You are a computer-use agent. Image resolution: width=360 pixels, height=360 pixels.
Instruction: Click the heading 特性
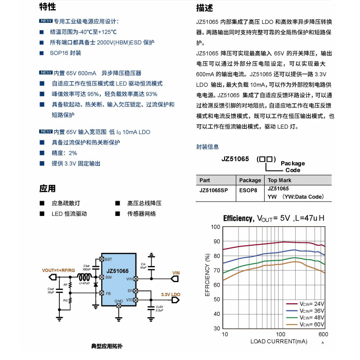point(48,7)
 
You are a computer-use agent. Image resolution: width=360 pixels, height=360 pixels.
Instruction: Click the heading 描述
point(204,8)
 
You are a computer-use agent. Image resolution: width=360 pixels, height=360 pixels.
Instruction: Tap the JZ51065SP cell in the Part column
point(214,190)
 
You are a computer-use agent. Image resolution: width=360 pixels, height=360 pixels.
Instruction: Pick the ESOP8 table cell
point(250,190)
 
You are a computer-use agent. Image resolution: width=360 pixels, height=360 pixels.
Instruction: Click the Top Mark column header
point(279,180)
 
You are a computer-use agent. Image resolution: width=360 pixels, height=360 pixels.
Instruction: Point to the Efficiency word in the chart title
point(238,218)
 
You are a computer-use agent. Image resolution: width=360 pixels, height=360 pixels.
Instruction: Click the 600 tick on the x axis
point(323,335)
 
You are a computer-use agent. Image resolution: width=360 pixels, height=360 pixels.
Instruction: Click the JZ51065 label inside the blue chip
point(117,271)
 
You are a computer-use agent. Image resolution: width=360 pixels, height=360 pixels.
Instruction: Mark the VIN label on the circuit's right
point(176,273)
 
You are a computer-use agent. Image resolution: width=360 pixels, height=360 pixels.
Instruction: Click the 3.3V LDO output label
point(171,294)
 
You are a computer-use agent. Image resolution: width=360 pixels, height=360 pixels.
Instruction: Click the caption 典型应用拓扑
point(107,346)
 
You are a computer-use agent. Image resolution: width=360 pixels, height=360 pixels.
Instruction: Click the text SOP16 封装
point(66,53)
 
